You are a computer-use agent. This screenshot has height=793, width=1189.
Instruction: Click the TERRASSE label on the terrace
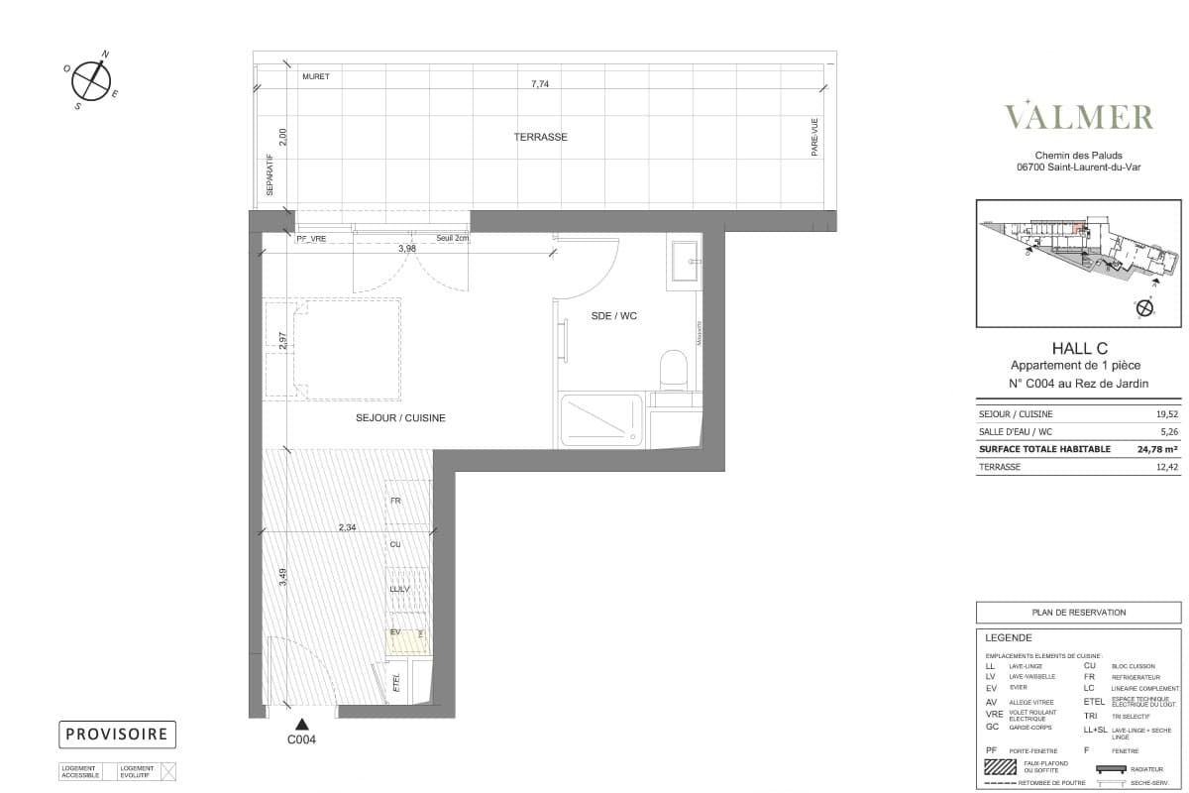pos(540,137)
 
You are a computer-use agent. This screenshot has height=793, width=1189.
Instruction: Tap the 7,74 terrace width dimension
pos(540,85)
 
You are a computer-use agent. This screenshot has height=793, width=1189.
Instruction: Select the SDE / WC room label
pos(614,316)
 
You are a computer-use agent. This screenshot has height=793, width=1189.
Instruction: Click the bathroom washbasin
pos(685,262)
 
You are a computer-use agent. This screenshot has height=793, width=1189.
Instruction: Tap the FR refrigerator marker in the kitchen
pos(395,502)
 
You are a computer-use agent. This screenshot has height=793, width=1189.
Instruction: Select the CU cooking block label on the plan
pos(395,545)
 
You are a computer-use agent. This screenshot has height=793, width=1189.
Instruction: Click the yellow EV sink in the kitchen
pos(407,639)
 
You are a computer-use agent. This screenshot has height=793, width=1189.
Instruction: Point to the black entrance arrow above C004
pos(300,725)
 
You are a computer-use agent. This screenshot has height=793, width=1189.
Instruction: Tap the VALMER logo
pos(1079,116)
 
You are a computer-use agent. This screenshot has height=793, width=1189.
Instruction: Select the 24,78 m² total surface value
pos(1146,449)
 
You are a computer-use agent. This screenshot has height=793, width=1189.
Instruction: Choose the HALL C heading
pos(1079,347)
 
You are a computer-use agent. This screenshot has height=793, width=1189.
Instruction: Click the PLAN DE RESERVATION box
pos(1078,613)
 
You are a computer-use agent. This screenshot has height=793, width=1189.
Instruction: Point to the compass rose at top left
pos(91,80)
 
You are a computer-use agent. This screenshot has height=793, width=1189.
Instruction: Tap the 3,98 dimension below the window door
pos(406,249)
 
